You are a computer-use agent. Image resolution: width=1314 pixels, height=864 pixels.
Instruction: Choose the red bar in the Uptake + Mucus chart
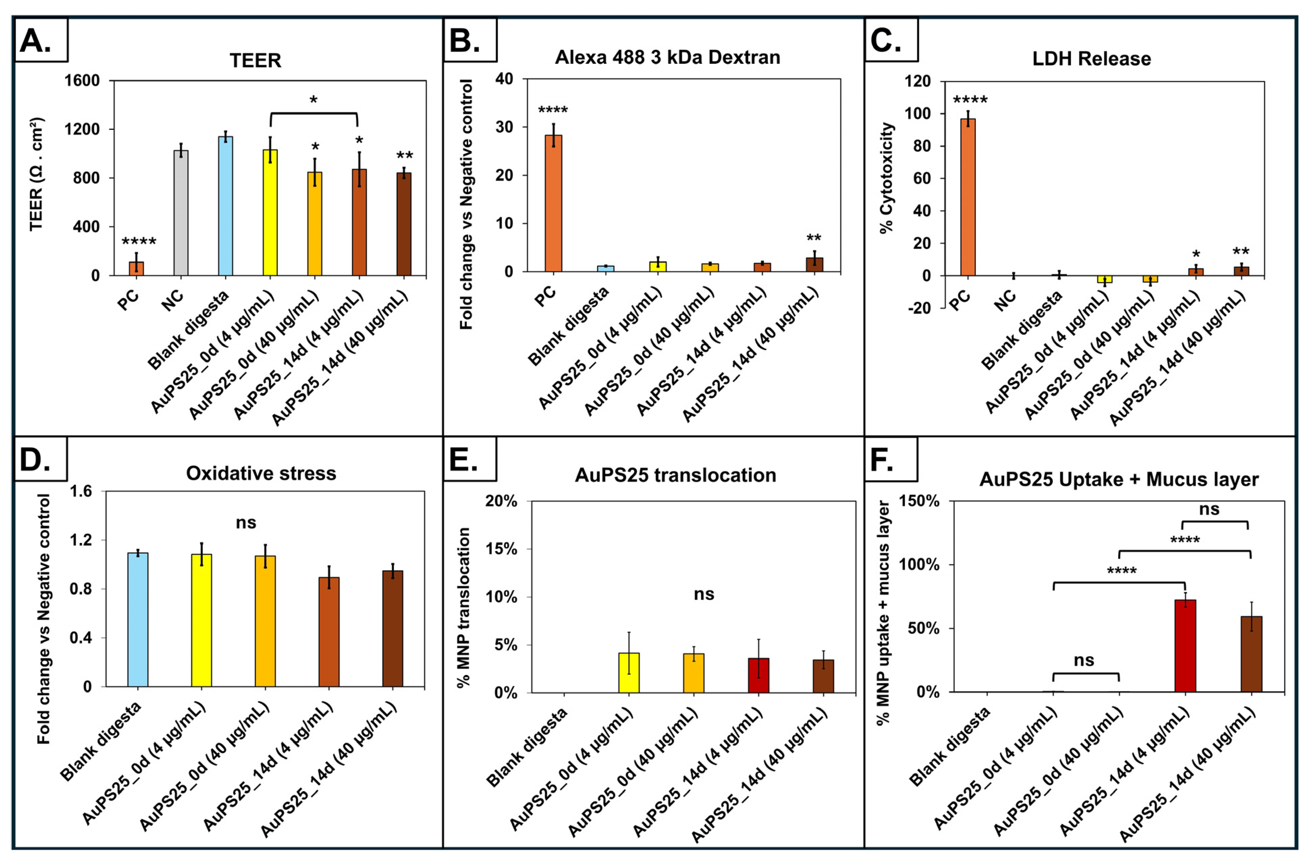pyautogui.click(x=1185, y=645)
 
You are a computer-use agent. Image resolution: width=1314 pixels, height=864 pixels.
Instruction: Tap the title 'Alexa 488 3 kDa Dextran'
pyautogui.click(x=668, y=57)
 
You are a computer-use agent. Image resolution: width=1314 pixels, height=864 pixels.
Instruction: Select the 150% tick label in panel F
pyautogui.click(x=919, y=501)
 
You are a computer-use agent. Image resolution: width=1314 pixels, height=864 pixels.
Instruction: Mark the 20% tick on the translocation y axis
pyautogui.click(x=501, y=501)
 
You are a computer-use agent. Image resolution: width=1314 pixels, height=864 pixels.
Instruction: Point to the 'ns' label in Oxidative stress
pyautogui.click(x=246, y=522)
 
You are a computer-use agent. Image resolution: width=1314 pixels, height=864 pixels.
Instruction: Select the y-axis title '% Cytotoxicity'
pyautogui.click(x=887, y=178)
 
